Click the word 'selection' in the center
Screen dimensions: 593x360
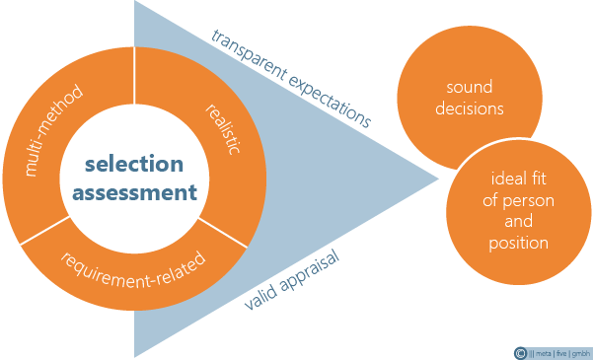pos(134,164)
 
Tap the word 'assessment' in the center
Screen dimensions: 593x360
pos(134,192)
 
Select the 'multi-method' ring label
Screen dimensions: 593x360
pos(53,131)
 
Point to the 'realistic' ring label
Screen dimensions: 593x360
pos(223,129)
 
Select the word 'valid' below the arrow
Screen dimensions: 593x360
pos(259,298)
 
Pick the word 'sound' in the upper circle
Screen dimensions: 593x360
pos(470,88)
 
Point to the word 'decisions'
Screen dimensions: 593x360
pos(470,108)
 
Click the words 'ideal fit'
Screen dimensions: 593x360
pos(518,179)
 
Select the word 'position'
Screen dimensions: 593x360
pos(518,243)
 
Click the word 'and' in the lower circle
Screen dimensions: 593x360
pos(518,221)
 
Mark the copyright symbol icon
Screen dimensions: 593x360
pos(520,353)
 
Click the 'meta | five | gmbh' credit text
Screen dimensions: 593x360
pos(560,354)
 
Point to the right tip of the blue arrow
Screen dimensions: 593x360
pos(439,179)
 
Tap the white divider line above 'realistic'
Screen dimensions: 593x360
pos(134,75)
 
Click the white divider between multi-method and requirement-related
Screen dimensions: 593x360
pos(45,230)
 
